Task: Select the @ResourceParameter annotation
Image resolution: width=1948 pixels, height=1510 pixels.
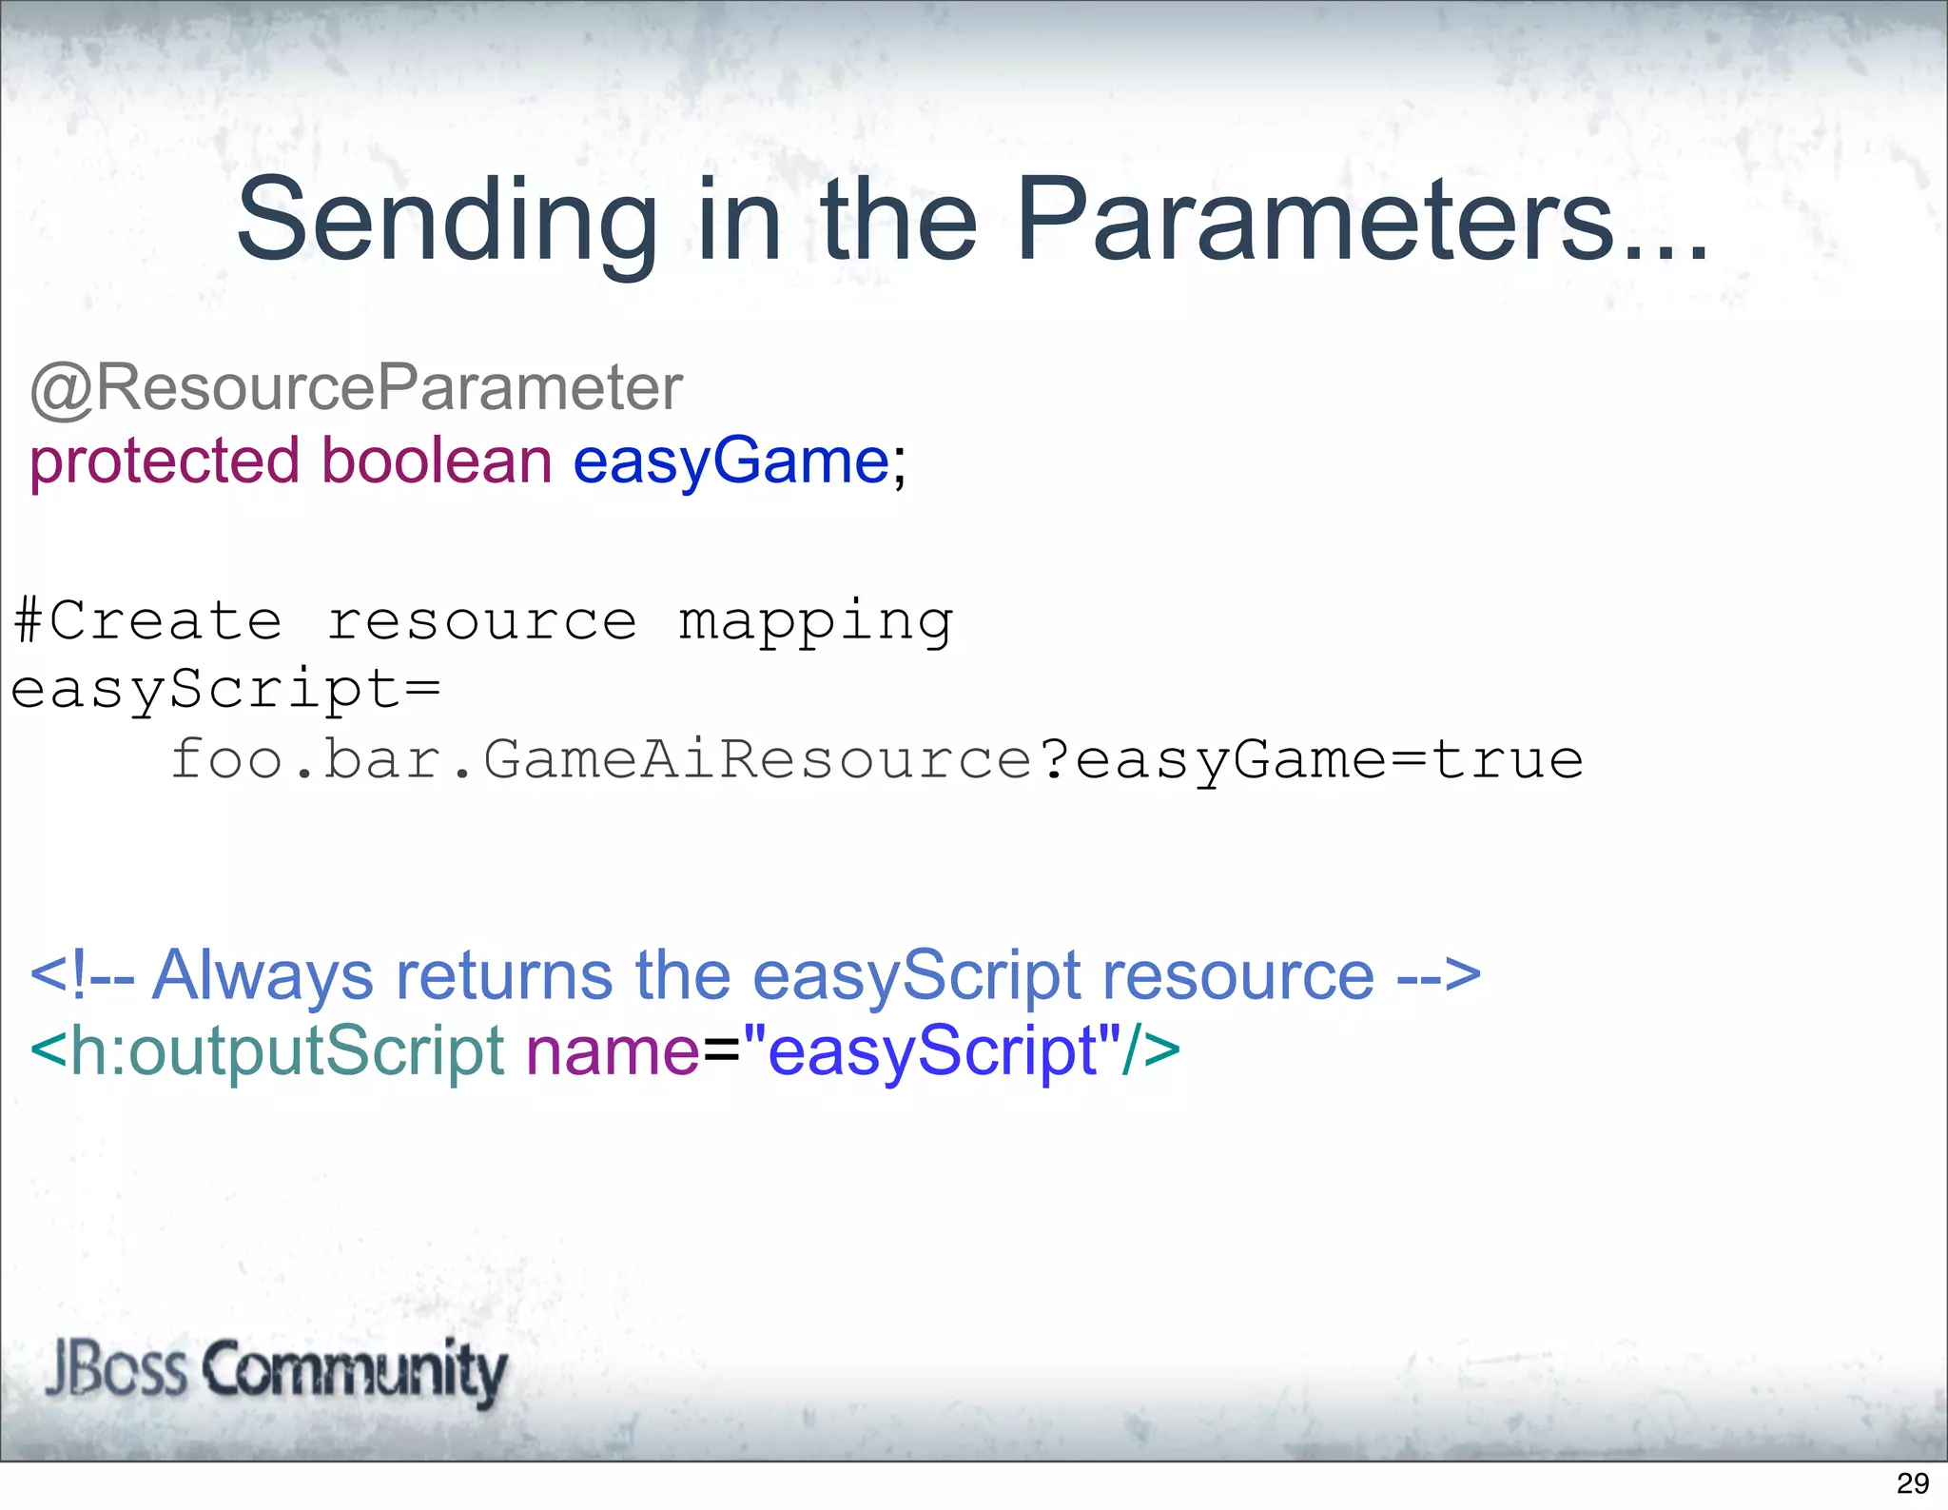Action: pos(356,388)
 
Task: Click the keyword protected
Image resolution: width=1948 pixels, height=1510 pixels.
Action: pos(165,461)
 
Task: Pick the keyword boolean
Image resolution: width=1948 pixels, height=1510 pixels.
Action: pos(437,461)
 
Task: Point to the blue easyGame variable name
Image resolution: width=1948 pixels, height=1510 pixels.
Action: pos(730,461)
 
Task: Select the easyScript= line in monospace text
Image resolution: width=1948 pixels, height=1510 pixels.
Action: pos(225,690)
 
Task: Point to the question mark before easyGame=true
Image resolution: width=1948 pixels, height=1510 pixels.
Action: pos(1055,759)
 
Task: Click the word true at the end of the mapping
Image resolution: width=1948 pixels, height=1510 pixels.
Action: pos(1508,759)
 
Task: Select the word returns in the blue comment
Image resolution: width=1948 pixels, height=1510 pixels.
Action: pos(504,975)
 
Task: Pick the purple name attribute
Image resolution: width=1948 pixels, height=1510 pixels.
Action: pos(613,1051)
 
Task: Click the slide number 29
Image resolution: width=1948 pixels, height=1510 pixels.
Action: pos(1912,1483)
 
